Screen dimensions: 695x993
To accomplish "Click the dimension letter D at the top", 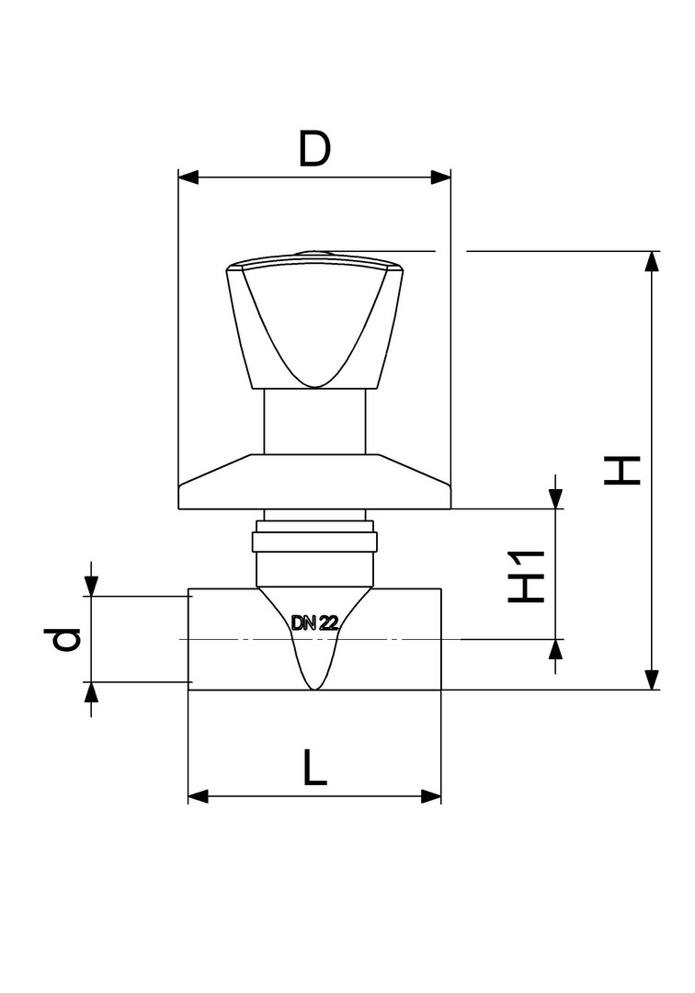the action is click(314, 150).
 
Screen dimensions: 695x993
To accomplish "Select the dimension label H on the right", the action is click(622, 470).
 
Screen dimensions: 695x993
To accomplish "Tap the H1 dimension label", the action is click(527, 576).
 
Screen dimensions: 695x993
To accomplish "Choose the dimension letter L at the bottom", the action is click(315, 767).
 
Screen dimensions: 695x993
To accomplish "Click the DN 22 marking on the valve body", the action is click(314, 623).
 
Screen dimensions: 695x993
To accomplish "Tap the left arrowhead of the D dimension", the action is click(188, 177).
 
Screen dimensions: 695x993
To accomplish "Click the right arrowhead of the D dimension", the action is click(440, 177).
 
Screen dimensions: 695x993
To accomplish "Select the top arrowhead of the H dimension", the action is click(651, 261).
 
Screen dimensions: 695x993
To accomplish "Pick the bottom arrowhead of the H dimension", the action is click(651, 679).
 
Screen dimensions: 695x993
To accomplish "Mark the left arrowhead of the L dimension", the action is click(199, 796).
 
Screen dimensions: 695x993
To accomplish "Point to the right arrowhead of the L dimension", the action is click(430, 796).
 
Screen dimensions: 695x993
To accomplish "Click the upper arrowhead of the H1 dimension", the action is click(556, 498).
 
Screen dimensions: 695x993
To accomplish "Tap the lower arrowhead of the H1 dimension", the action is click(556, 650).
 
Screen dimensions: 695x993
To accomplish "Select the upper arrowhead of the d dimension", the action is click(92, 585).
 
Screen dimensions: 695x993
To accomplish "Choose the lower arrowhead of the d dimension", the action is click(92, 693).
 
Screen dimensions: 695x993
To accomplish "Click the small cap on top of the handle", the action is click(314, 254).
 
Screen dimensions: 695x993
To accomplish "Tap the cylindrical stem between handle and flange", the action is click(314, 421).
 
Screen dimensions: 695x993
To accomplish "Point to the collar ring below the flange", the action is click(314, 542).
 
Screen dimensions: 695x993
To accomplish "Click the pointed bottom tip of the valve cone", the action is click(314, 689).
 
